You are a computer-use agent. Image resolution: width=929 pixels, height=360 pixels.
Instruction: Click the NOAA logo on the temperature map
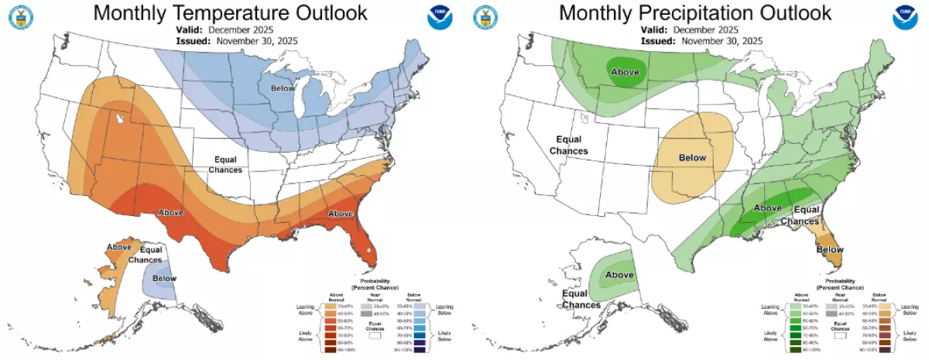437,19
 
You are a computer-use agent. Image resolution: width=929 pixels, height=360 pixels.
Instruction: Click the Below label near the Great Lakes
283,89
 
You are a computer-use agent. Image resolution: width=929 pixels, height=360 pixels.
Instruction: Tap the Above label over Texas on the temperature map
171,212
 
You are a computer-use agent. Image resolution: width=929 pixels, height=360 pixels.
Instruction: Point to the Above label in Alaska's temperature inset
119,247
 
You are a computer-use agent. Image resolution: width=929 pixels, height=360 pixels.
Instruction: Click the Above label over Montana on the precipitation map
626,72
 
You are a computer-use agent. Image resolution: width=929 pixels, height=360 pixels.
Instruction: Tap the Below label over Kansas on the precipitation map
692,157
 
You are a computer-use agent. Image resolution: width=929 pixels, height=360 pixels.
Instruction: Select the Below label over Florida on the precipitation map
830,250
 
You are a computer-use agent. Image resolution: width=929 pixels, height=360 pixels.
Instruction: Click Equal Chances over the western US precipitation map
568,145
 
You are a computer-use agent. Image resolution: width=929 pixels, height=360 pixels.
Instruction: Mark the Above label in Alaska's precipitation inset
619,275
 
